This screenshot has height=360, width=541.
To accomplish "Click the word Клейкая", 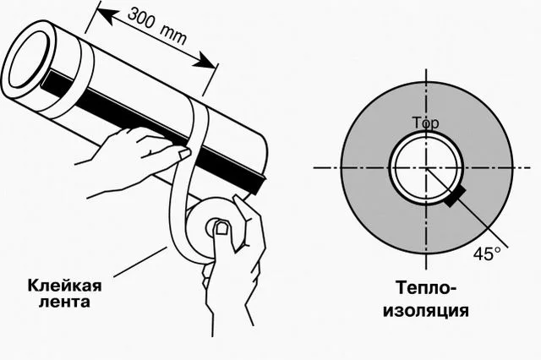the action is click(x=65, y=286).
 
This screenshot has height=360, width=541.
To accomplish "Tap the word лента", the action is click(x=64, y=302).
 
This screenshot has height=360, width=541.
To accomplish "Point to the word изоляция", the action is click(x=426, y=310).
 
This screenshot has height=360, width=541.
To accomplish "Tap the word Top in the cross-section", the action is click(x=426, y=123).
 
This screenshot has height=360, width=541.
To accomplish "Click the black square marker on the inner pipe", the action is click(x=455, y=197).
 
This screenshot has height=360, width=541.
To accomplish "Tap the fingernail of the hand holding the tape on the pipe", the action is click(x=184, y=154).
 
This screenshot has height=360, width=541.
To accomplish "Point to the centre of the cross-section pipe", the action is click(x=427, y=168).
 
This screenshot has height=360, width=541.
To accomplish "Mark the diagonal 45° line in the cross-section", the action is click(x=467, y=208).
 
